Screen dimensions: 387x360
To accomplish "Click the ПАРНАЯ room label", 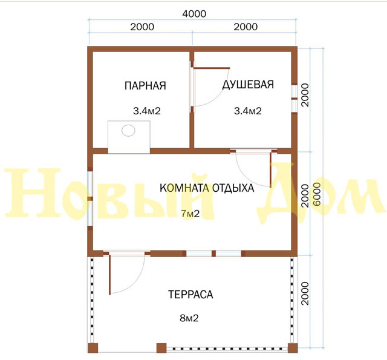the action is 145,85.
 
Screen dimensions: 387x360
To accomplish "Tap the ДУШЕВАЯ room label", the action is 248,85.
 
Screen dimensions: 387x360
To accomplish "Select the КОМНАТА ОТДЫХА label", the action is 207,188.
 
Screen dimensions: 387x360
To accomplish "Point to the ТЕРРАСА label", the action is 190,294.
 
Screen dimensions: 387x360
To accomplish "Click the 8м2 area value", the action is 189,318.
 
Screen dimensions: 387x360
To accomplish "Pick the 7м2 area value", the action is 190,214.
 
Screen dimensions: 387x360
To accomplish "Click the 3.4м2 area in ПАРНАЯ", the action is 147,111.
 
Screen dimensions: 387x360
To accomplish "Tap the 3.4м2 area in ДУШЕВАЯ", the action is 248,111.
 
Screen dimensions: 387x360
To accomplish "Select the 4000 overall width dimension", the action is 194,14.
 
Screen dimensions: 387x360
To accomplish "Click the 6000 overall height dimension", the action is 317,194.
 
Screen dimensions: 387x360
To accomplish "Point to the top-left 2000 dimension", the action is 142,27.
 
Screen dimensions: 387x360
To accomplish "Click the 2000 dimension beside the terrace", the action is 305,293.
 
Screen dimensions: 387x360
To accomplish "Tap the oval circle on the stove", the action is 128,130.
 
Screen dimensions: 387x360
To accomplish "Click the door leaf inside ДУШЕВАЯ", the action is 212,68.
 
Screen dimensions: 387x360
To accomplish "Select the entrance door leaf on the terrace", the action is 110,274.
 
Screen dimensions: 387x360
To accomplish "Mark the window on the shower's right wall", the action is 294,99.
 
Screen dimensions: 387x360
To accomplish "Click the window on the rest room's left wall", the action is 90,198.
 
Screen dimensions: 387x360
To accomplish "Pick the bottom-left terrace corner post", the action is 93,348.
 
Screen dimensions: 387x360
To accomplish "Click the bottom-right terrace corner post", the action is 293,348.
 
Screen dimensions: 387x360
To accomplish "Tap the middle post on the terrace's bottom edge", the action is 161,348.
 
